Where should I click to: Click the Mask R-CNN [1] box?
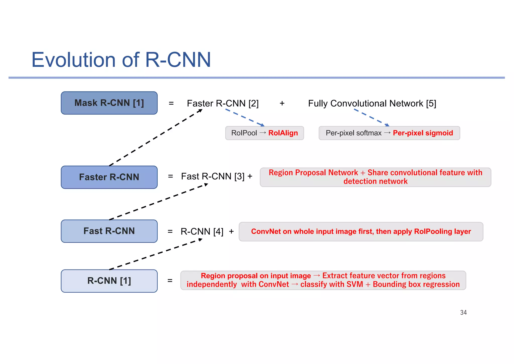click(x=109, y=103)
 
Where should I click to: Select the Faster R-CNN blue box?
click(x=109, y=177)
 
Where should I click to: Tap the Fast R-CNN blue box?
click(x=109, y=231)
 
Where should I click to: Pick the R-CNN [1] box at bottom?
click(x=109, y=281)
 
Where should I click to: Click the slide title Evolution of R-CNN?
click(x=121, y=60)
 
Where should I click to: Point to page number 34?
click(x=463, y=312)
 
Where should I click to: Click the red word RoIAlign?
click(x=283, y=133)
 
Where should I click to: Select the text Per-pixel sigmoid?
click(x=423, y=133)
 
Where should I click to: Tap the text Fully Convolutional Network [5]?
click(x=372, y=103)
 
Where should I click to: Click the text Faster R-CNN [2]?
click(x=223, y=103)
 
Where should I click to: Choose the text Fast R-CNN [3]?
click(x=213, y=176)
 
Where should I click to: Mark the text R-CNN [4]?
click(x=202, y=232)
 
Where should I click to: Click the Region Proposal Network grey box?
click(x=375, y=177)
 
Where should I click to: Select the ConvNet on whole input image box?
click(x=361, y=232)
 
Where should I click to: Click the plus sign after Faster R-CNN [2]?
click(x=282, y=103)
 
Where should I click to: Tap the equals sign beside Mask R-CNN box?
click(x=171, y=103)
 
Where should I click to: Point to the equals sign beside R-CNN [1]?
click(x=170, y=281)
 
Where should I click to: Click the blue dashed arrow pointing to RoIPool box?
click(x=245, y=117)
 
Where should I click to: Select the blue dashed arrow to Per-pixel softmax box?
click(x=371, y=117)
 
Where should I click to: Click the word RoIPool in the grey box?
click(x=244, y=133)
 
